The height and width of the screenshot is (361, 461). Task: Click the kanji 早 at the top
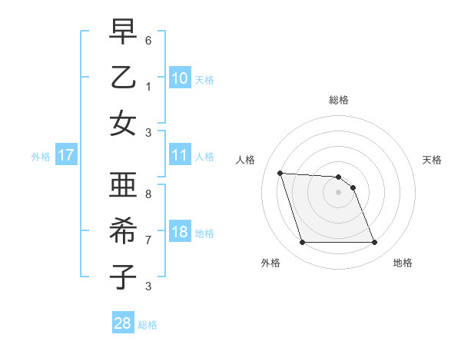(x=124, y=34)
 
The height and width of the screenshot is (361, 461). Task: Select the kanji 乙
(x=124, y=78)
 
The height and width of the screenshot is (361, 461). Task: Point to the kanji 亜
(x=124, y=186)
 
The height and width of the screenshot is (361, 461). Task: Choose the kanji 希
(x=124, y=232)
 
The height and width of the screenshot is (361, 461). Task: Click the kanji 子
(x=124, y=276)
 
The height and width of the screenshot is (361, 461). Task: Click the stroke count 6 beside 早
(x=148, y=40)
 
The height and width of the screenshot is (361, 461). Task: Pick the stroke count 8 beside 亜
(x=148, y=194)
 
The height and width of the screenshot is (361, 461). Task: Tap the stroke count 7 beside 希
(x=148, y=240)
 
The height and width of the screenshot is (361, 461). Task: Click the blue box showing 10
(x=180, y=78)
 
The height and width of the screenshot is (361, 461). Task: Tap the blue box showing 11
(x=180, y=155)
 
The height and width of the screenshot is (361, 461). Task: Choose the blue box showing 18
(x=180, y=232)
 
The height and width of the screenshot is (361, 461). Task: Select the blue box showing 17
(x=66, y=155)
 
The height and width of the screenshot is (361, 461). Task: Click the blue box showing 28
(x=123, y=323)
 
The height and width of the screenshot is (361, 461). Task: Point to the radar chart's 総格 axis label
(x=338, y=100)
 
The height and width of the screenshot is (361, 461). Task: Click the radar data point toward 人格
(x=280, y=173)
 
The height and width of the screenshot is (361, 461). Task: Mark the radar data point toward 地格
(x=374, y=243)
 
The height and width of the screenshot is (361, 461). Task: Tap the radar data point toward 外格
(x=302, y=243)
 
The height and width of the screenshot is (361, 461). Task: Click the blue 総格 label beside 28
(x=148, y=325)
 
